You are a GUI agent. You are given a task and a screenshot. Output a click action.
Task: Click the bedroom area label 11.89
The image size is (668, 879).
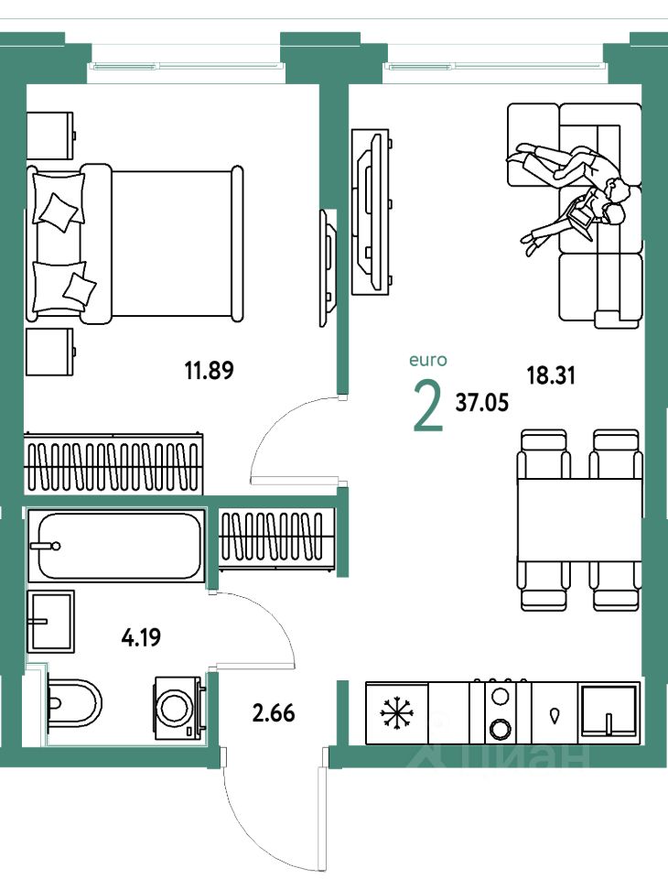click(209, 370)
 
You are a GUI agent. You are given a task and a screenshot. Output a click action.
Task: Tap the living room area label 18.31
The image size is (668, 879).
click(551, 375)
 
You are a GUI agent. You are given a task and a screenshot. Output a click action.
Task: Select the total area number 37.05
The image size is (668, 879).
click(482, 402)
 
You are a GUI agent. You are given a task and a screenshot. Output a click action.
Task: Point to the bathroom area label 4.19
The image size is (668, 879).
click(141, 637)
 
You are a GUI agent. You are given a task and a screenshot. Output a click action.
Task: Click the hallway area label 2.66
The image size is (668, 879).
click(274, 713)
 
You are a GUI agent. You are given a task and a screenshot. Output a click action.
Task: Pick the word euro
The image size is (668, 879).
click(428, 360)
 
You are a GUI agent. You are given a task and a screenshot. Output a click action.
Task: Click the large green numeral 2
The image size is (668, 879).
click(428, 406)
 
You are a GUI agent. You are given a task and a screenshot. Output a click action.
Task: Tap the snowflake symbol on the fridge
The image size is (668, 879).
click(397, 713)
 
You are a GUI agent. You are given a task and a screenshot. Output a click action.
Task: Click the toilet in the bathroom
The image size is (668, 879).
click(74, 702)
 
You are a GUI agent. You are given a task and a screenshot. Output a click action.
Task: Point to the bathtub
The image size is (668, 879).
click(116, 546)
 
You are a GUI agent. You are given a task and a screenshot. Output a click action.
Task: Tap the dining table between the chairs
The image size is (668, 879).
click(579, 520)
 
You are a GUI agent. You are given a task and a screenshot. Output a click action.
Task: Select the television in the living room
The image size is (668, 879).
click(370, 212)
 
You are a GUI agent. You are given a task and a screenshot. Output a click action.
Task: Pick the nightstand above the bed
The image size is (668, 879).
click(50, 136)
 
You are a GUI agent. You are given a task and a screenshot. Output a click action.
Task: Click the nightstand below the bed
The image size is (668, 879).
click(50, 352)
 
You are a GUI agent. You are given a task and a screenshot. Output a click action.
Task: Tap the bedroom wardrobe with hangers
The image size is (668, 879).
click(113, 464)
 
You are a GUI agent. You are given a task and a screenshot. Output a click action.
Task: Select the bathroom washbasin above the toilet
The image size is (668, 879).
click(51, 621)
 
